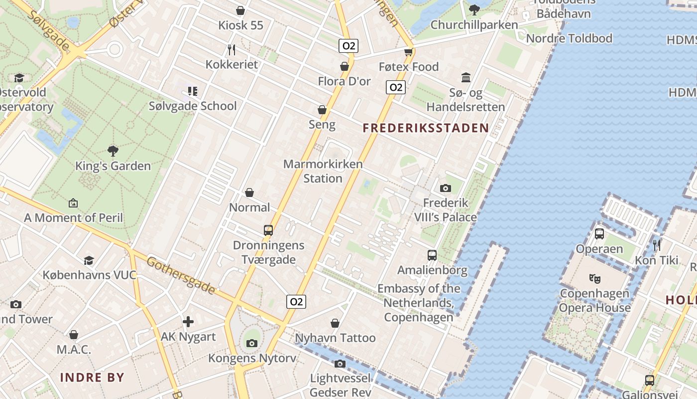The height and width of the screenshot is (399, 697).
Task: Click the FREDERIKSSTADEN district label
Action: pyautogui.click(x=426, y=128)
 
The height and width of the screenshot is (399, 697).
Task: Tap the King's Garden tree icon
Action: pyautogui.click(x=113, y=151)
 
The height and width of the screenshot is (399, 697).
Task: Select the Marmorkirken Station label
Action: pyautogui.click(x=323, y=171)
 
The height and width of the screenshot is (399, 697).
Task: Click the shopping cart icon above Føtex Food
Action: pyautogui.click(x=409, y=51)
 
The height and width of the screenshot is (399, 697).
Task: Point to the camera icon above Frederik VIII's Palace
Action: pyautogui.click(x=446, y=188)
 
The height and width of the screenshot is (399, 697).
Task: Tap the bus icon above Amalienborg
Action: pyautogui.click(x=432, y=255)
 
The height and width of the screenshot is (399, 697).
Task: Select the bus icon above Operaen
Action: pyautogui.click(x=599, y=233)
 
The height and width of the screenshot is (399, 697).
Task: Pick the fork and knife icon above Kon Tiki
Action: pyautogui.click(x=657, y=245)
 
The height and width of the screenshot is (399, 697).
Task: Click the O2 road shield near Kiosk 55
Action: pyautogui.click(x=348, y=46)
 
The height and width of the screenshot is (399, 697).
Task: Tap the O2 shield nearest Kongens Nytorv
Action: pyautogui.click(x=296, y=301)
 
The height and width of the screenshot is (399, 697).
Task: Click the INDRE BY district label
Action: pyautogui.click(x=92, y=378)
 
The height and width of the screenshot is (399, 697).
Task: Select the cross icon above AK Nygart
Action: pyautogui.click(x=188, y=322)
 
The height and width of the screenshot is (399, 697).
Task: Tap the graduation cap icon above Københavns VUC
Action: pyautogui.click(x=89, y=260)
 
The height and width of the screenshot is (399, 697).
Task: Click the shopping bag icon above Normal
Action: pyautogui.click(x=249, y=193)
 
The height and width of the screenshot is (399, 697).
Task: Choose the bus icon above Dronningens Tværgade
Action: pyautogui.click(x=268, y=230)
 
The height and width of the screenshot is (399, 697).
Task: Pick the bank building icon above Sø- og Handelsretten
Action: pyautogui.click(x=466, y=77)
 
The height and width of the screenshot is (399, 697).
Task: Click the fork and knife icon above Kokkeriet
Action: pyautogui.click(x=231, y=49)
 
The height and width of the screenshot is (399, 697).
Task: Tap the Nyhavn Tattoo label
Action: pyautogui.click(x=336, y=338)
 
